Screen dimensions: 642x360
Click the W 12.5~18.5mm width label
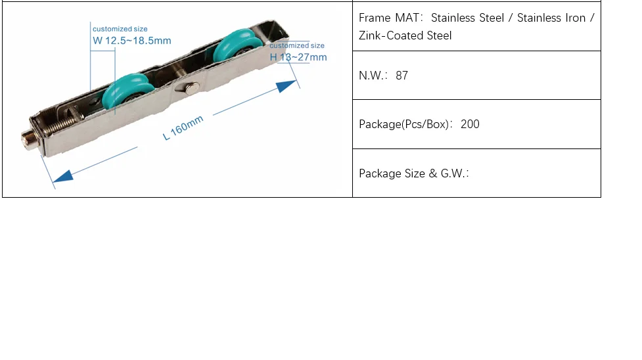[132, 41]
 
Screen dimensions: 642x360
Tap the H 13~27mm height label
[298, 57]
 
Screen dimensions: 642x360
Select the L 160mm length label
[183, 128]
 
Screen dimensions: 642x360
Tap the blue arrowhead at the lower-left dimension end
[63, 176]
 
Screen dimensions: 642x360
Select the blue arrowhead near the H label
[287, 86]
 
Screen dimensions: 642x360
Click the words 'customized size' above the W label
[120, 29]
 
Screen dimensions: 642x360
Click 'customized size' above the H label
[297, 45]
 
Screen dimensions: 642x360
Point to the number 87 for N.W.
[401, 76]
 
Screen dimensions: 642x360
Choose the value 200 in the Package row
[470, 124]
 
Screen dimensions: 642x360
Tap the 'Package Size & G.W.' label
[413, 173]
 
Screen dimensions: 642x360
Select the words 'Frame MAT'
[389, 18]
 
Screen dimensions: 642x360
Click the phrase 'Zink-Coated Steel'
[405, 35]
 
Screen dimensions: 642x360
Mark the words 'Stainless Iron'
[551, 18]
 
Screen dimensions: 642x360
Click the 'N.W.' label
[372, 76]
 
